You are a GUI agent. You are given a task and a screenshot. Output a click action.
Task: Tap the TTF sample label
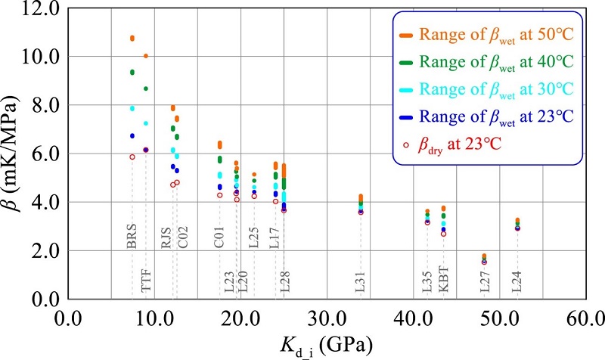146,279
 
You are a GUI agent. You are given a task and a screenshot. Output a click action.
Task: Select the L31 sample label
360,279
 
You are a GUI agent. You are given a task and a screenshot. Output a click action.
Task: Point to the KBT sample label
444,279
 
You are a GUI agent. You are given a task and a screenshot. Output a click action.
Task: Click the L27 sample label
484,279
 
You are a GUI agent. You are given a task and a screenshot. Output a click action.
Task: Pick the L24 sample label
517,279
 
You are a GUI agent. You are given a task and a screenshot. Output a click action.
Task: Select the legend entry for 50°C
488,34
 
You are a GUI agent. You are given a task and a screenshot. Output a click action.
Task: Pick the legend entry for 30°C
488,89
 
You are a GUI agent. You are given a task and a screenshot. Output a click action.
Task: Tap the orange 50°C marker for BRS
132,38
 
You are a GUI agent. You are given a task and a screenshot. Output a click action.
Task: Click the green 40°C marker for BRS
132,72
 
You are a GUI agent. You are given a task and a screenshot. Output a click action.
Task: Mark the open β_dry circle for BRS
132,157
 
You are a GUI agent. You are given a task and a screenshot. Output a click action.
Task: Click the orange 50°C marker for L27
484,256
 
